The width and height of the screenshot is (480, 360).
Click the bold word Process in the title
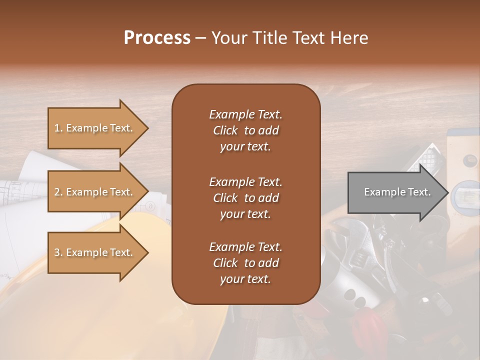(157, 38)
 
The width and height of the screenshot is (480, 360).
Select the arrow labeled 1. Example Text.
(95, 128)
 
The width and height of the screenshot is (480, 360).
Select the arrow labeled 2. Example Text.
(95, 192)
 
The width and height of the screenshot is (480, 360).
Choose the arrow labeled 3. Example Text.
(95, 252)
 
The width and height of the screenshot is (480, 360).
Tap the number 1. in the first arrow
(58, 128)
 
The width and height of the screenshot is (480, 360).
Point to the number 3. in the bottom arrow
(58, 253)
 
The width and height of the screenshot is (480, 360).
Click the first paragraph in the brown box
(245, 130)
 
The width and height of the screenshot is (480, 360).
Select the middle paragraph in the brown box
(245, 198)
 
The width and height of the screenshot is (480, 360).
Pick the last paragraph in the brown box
(245, 263)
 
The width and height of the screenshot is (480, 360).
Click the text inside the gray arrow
(397, 192)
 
